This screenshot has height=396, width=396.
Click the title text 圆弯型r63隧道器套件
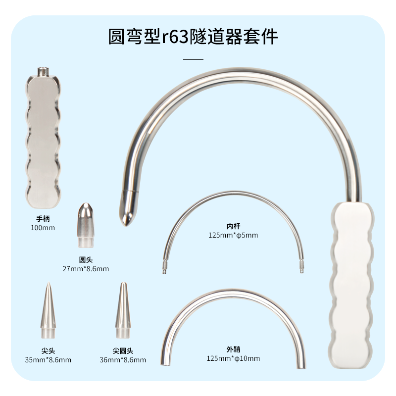(193, 37)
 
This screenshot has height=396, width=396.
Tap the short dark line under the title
(193, 59)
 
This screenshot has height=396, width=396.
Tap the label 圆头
(86, 259)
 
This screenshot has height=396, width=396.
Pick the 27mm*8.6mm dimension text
(86, 269)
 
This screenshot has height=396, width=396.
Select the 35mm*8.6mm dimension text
(48, 360)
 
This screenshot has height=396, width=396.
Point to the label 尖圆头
(123, 350)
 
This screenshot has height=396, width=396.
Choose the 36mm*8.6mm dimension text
(123, 360)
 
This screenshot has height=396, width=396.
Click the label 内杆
(233, 225)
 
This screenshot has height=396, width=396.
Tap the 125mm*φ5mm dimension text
(233, 235)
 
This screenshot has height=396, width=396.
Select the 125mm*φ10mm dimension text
(233, 358)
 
